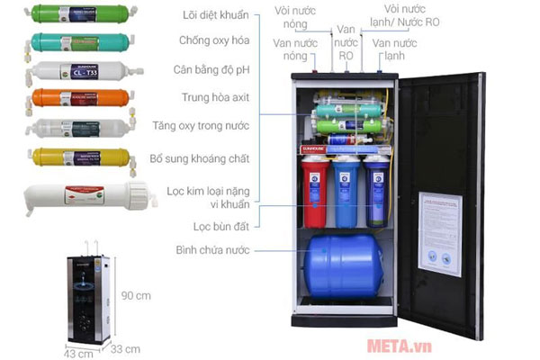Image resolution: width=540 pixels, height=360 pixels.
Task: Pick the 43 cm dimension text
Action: tap(78, 353)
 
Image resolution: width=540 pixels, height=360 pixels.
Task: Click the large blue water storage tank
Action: tap(344, 266)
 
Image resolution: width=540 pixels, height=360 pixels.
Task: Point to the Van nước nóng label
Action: tap(294, 49)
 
